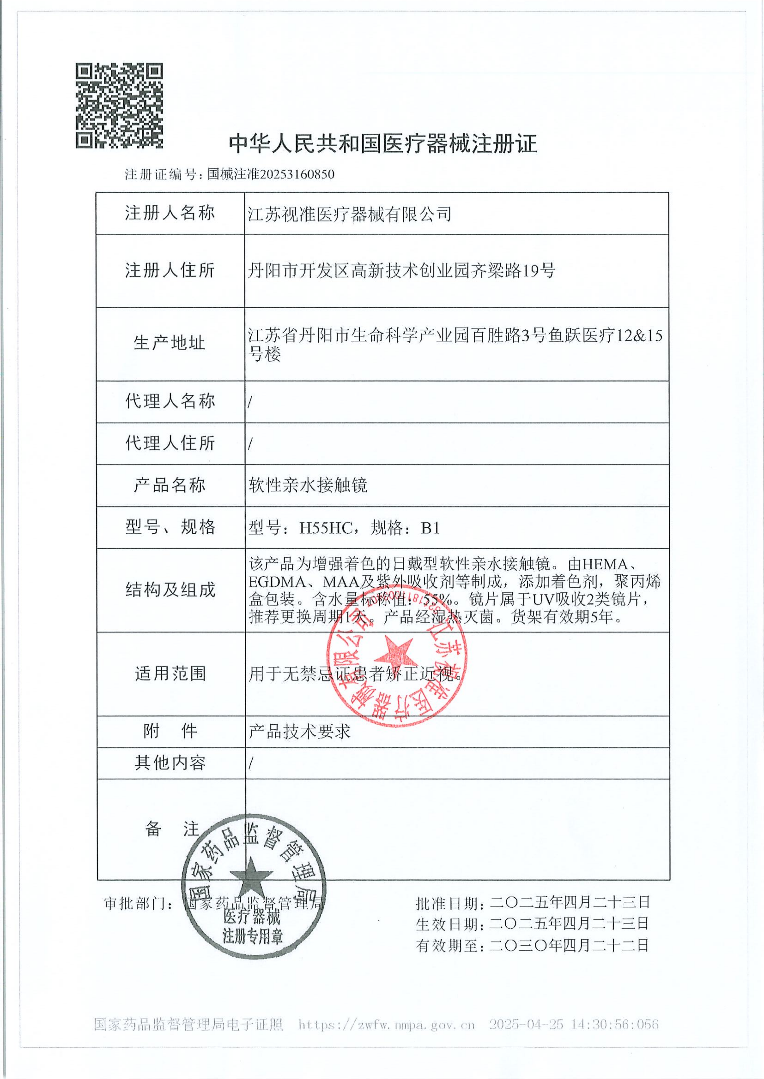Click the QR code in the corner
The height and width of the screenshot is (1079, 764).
click(x=119, y=106)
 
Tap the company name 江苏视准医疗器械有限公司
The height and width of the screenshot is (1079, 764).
click(x=350, y=214)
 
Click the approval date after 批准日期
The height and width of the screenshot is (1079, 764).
click(x=570, y=902)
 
